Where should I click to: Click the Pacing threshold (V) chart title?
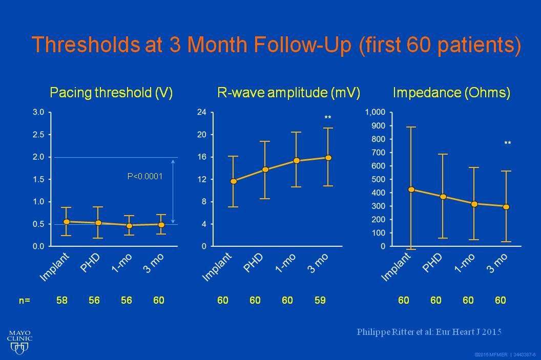click(x=111, y=93)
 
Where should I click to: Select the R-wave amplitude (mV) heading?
click(x=289, y=93)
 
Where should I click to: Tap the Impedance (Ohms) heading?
click(x=451, y=93)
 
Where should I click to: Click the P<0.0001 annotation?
click(x=145, y=176)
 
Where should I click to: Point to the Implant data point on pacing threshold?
click(x=66, y=222)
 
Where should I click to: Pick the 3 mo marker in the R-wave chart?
click(x=328, y=158)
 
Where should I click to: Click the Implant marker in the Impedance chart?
click(x=411, y=189)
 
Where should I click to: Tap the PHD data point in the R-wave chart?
click(x=265, y=170)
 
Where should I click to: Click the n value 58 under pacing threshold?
click(x=62, y=301)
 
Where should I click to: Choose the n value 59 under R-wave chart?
click(x=320, y=301)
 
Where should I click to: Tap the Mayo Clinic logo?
click(x=20, y=341)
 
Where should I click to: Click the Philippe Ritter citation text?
click(x=429, y=332)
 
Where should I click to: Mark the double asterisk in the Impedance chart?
click(x=507, y=144)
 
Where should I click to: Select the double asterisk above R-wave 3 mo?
click(x=328, y=118)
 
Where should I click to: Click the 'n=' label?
click(x=25, y=301)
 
